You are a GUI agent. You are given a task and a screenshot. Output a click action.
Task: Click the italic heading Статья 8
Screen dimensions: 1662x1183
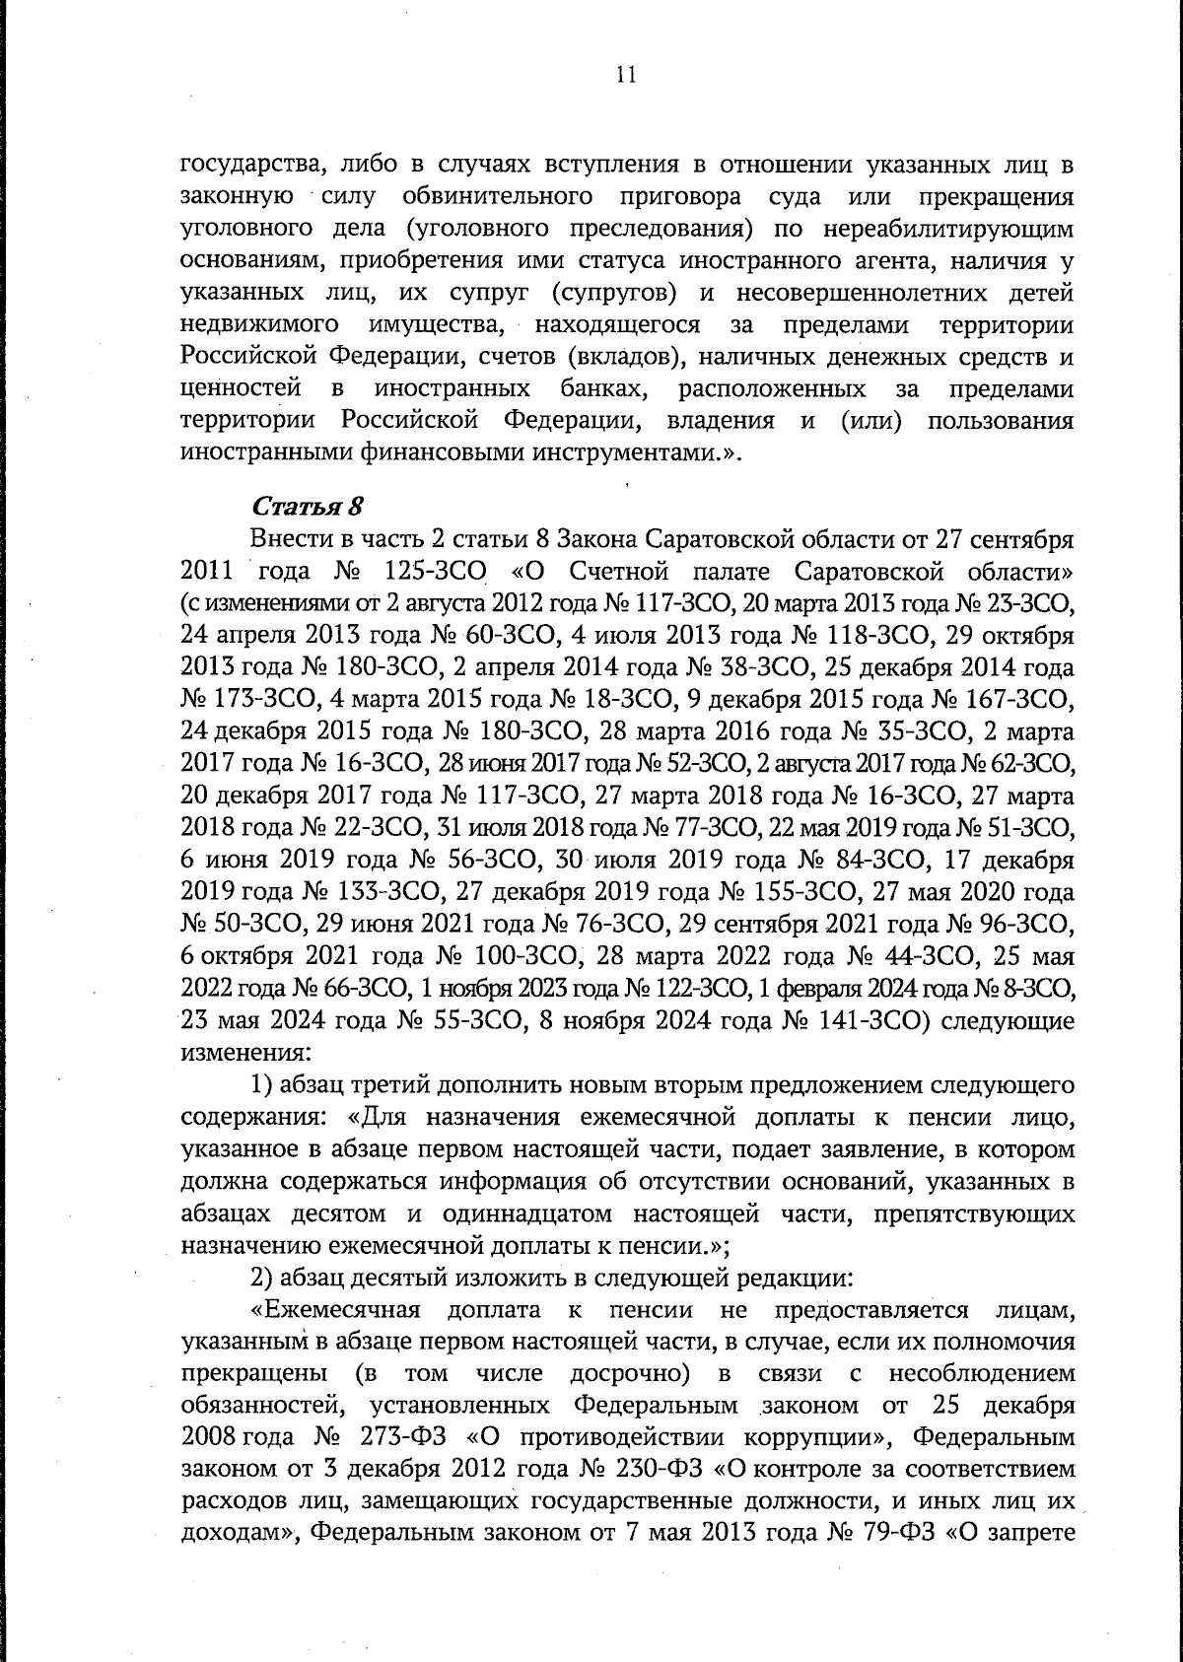[x=309, y=508]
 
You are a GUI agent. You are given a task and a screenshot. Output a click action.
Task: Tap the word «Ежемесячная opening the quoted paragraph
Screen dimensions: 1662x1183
[x=339, y=1310]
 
